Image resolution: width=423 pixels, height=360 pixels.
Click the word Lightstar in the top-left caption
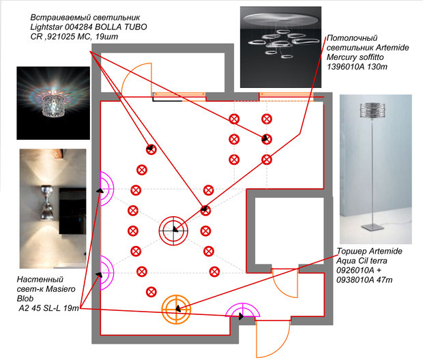(x=47, y=27)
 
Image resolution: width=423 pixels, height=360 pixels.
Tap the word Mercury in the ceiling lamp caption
(x=342, y=57)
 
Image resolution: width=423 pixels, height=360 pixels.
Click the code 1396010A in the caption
(x=346, y=67)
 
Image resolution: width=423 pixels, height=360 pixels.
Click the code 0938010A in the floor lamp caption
(x=355, y=280)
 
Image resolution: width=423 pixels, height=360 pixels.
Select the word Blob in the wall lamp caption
(x=25, y=299)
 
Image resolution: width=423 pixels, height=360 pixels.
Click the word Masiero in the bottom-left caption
(x=61, y=289)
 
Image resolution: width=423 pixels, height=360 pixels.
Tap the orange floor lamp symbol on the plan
(x=176, y=309)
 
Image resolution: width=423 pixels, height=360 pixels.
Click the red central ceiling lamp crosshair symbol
(x=173, y=231)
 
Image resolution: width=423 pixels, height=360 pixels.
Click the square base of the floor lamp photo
(x=372, y=226)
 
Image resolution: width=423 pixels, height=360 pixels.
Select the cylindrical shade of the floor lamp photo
(x=372, y=110)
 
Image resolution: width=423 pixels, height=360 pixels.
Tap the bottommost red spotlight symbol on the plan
(x=151, y=292)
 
